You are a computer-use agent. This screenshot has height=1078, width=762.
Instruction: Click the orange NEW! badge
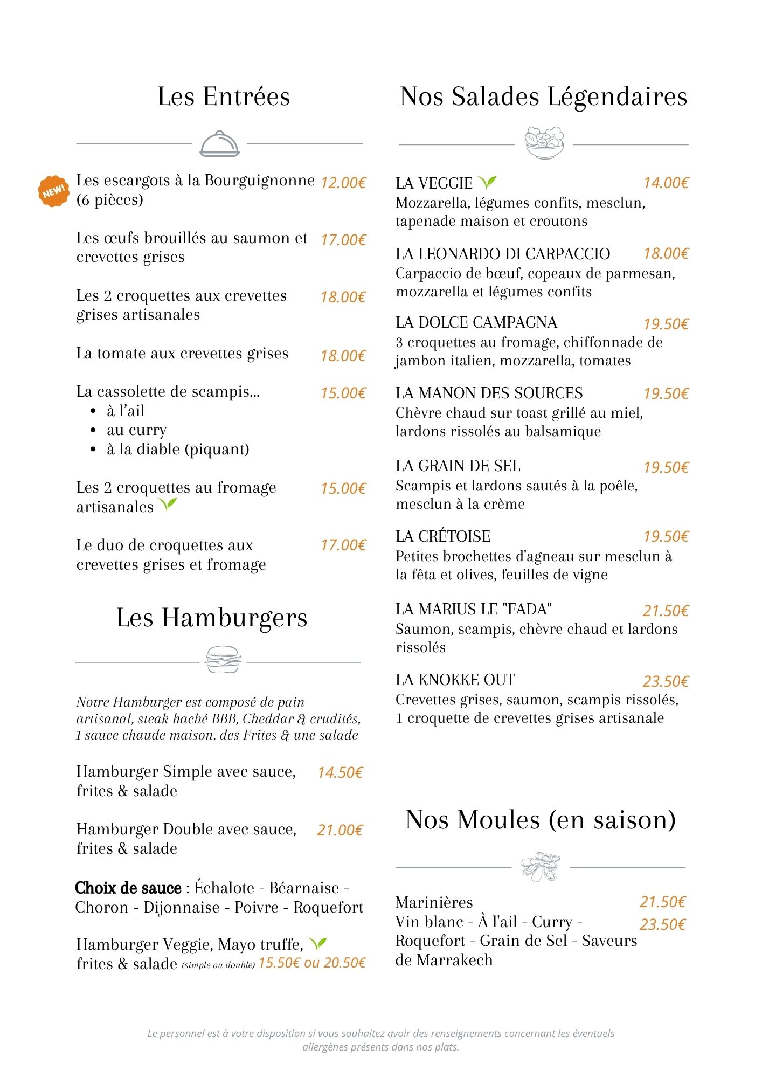click(53, 191)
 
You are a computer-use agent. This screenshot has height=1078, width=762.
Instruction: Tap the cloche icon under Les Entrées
click(219, 144)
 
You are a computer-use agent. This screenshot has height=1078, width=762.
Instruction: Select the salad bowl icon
click(544, 143)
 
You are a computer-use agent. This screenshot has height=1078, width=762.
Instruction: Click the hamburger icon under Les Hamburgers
click(223, 660)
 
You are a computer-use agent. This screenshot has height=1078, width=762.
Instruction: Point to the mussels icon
click(541, 867)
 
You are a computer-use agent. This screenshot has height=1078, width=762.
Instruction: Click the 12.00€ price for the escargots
click(343, 183)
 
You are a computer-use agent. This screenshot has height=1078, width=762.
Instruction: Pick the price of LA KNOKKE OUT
click(666, 681)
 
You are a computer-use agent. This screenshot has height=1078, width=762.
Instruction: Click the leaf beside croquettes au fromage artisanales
click(168, 505)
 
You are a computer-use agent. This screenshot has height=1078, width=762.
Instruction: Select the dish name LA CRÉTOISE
click(443, 536)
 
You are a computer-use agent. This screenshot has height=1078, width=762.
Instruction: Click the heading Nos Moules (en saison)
click(541, 820)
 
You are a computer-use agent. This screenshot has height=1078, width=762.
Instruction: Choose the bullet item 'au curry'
click(136, 430)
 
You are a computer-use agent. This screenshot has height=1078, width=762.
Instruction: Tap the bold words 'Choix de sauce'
click(128, 888)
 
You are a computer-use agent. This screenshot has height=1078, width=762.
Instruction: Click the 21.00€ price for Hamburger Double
click(340, 830)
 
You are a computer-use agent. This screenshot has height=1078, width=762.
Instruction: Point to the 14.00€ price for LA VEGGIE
click(666, 183)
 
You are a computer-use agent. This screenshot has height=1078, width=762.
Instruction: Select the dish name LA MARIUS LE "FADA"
click(474, 609)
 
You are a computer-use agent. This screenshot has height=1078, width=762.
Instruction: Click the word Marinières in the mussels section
click(434, 902)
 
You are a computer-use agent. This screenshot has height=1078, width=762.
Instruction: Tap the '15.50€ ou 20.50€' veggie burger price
click(312, 963)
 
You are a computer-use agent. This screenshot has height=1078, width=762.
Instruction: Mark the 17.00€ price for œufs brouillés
click(343, 240)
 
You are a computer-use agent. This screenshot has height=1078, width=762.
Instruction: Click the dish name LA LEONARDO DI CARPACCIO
click(503, 254)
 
